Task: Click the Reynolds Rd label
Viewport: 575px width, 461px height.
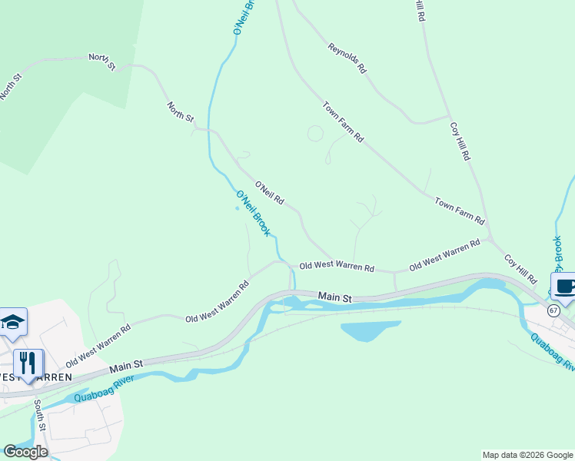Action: point(347,58)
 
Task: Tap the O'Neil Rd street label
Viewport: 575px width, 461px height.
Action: point(270,193)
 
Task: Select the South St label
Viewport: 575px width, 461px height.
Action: point(40,416)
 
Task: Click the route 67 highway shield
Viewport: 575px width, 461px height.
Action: point(553,310)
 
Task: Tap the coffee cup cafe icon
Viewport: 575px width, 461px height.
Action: point(564,287)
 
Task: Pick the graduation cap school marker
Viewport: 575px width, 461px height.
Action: point(13,322)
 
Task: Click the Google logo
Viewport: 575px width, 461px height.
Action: point(25,451)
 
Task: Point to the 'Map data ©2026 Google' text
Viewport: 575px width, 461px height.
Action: point(527,455)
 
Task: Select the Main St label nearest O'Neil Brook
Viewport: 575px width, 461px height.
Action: point(335,297)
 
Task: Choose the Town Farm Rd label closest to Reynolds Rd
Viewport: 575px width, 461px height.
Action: point(343,122)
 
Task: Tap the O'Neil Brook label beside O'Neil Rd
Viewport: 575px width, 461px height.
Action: point(253,213)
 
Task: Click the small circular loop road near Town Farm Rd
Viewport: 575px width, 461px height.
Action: point(315,134)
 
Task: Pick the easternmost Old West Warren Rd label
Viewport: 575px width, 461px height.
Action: point(444,255)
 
